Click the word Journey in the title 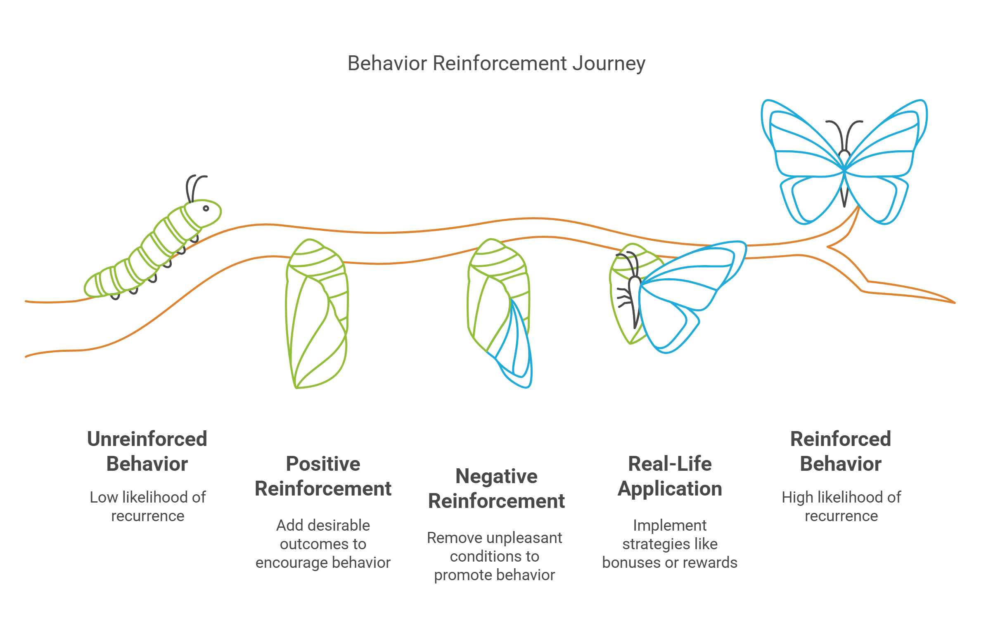609,64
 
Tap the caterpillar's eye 206,209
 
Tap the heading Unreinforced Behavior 147,451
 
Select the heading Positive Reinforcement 323,476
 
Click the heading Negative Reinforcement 496,489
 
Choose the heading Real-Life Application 669,476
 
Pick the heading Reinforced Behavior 841,451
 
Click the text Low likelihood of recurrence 147,506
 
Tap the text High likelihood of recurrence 841,506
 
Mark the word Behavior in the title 387,64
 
